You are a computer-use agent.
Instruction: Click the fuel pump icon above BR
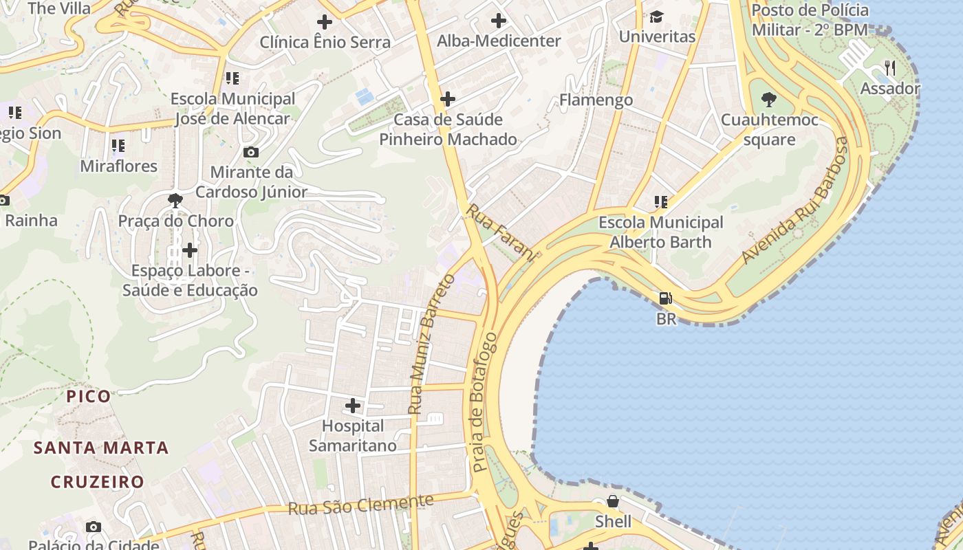pyautogui.click(x=665, y=298)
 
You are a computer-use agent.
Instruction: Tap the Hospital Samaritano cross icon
pyautogui.click(x=353, y=406)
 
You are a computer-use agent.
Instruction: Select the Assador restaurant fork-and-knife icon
pyautogui.click(x=890, y=67)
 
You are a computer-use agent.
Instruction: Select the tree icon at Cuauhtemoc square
pyautogui.click(x=769, y=100)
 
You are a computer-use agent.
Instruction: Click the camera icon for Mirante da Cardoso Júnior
pyautogui.click(x=251, y=152)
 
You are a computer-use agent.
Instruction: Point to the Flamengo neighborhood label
pyautogui.click(x=596, y=100)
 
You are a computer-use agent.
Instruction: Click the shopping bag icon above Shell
pyautogui.click(x=612, y=502)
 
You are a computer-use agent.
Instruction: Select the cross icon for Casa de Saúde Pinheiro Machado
pyautogui.click(x=448, y=99)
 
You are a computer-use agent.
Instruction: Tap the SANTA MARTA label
pyautogui.click(x=102, y=448)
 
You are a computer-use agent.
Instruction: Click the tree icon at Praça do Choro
pyautogui.click(x=175, y=201)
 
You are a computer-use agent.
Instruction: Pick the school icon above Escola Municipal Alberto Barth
pyautogui.click(x=660, y=202)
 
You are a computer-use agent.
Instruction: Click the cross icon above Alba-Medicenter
pyautogui.click(x=499, y=21)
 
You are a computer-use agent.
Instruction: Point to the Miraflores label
pyautogui.click(x=118, y=166)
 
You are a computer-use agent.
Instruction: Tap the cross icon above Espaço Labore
pyautogui.click(x=190, y=250)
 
